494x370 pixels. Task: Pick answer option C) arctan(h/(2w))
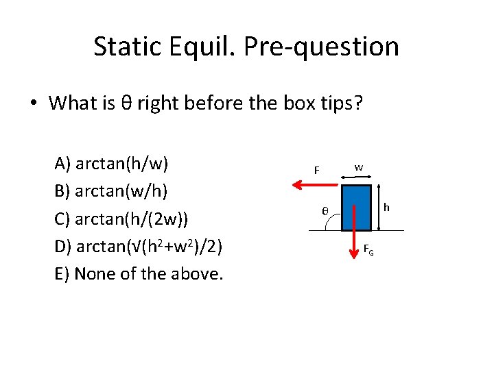tap(121, 219)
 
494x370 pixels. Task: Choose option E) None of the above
tap(139, 273)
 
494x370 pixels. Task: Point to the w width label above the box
tap(359, 167)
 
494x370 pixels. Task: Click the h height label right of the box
tap(387, 207)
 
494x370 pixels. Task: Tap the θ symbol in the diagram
tap(326, 211)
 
